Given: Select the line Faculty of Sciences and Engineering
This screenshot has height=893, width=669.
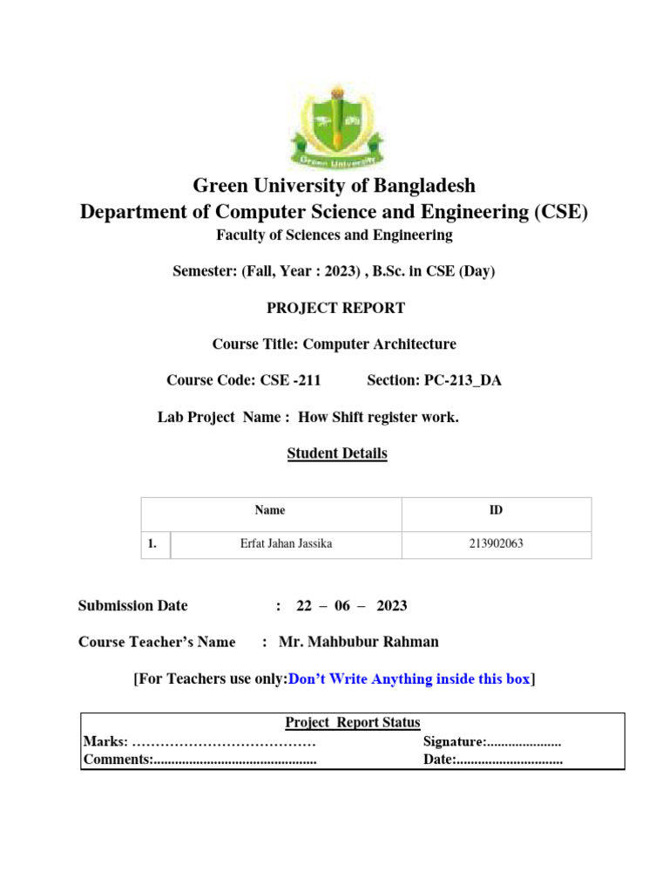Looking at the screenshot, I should pos(334,235).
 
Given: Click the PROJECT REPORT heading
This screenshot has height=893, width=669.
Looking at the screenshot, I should pos(334,308).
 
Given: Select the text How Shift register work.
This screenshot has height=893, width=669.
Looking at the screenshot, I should pos(378,418).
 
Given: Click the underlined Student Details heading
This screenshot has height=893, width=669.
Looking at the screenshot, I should pos(337,453).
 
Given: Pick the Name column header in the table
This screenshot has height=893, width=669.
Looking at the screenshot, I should pos(269,511).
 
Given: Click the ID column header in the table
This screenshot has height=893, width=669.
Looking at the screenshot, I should pos(496,511).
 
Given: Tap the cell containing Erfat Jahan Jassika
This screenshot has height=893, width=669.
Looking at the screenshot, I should pos(286,545).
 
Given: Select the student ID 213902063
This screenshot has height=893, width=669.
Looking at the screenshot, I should pos(496,545).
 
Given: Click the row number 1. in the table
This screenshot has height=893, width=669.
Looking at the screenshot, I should pos(152,545).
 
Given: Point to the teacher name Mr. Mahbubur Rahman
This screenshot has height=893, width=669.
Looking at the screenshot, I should pos(359,642).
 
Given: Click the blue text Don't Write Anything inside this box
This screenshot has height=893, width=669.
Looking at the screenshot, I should pos(409,679).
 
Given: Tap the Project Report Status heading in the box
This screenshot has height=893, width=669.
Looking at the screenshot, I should pos(353,723).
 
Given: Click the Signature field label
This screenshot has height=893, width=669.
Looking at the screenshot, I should pos(454,742).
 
